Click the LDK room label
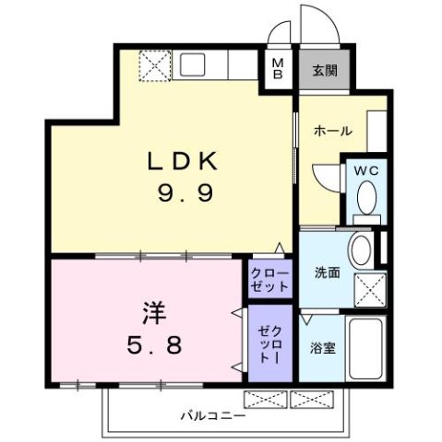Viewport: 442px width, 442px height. point(185,162)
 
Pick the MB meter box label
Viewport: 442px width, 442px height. point(277,69)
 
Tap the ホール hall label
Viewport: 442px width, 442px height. point(332,131)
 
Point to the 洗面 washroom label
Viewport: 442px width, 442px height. point(327,273)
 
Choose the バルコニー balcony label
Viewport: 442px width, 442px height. point(212,416)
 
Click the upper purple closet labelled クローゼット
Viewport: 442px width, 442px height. point(269,280)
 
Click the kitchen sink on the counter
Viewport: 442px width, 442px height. point(195,64)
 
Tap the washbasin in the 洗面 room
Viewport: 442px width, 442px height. point(363,249)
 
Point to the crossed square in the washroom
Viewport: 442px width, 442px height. point(371,291)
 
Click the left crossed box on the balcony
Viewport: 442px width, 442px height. point(265,399)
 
